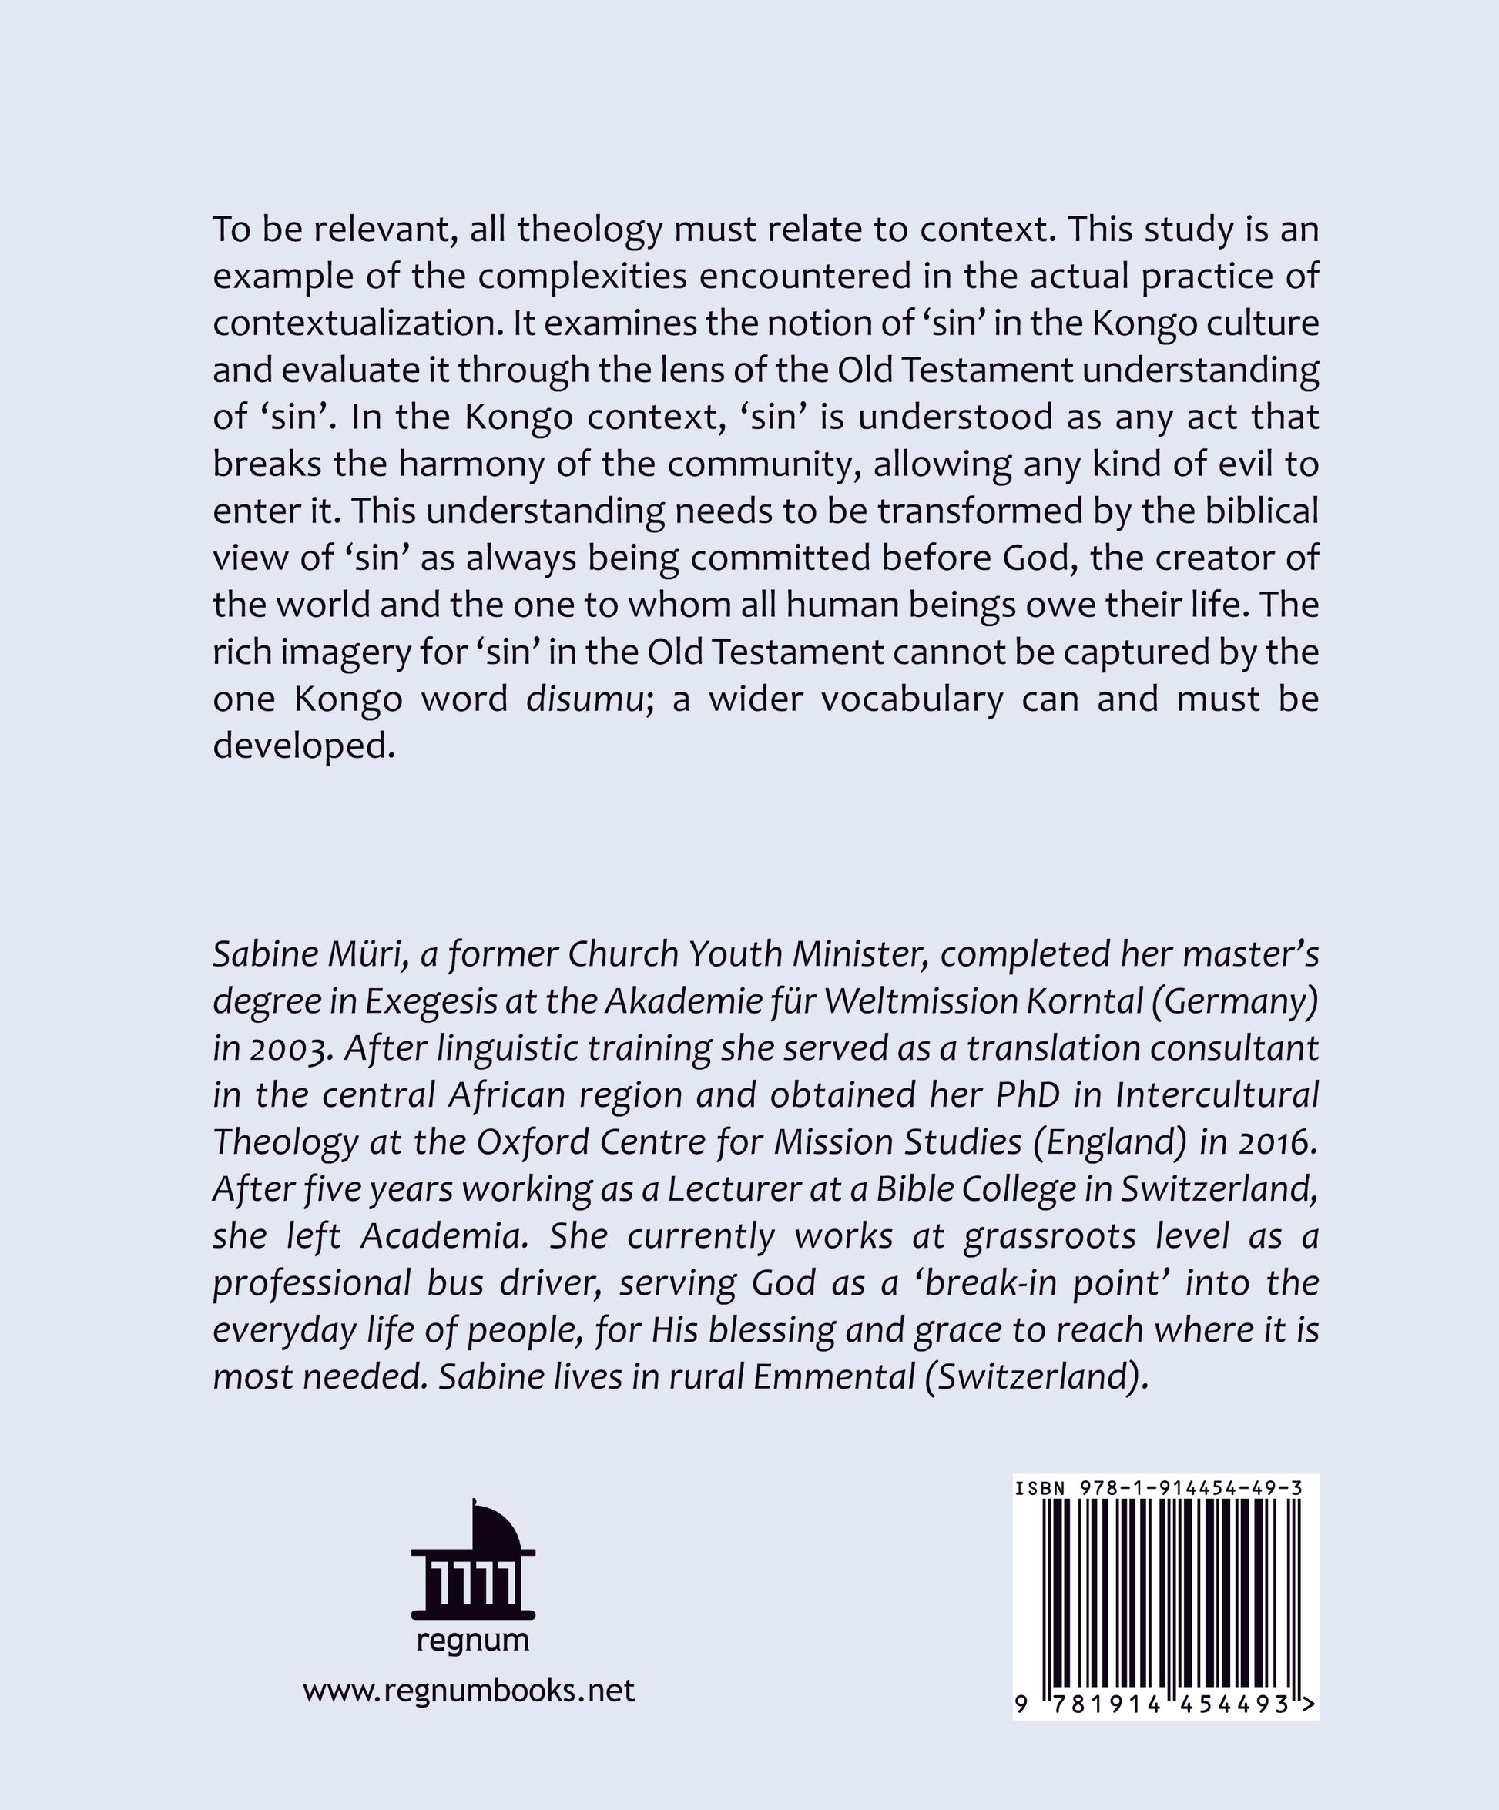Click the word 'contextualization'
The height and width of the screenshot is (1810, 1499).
pos(357,324)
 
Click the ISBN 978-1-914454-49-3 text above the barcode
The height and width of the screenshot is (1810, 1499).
pos(1159,1489)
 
